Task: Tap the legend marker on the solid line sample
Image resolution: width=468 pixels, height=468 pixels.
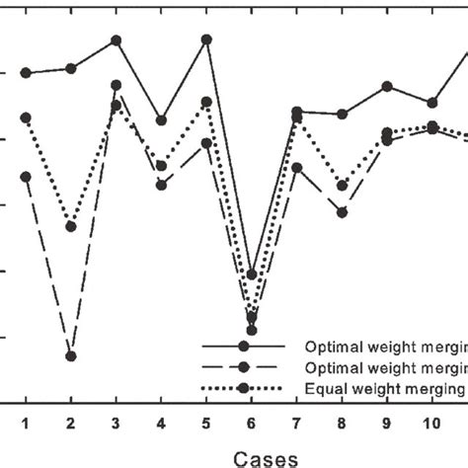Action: point(243,348)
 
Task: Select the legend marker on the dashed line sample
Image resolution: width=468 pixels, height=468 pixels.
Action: point(243,367)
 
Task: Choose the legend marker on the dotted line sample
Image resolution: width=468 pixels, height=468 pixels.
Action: point(243,388)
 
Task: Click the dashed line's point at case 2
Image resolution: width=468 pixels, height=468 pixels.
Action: point(71,355)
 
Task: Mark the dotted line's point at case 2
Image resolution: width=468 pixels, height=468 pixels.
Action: point(71,226)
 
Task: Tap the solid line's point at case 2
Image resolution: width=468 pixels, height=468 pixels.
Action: point(71,68)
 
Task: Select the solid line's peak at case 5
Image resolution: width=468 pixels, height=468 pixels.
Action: point(206,39)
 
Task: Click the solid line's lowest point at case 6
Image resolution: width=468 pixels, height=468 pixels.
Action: point(252,274)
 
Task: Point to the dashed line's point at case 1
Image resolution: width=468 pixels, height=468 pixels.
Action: point(26,177)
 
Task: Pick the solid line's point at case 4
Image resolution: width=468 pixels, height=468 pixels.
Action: point(161,120)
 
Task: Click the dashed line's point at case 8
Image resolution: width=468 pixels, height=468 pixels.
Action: point(342,212)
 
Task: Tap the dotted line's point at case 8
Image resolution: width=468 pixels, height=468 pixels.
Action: point(342,186)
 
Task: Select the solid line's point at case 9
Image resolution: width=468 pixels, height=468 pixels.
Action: point(387,87)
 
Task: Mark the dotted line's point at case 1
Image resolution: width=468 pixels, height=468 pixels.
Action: point(26,117)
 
